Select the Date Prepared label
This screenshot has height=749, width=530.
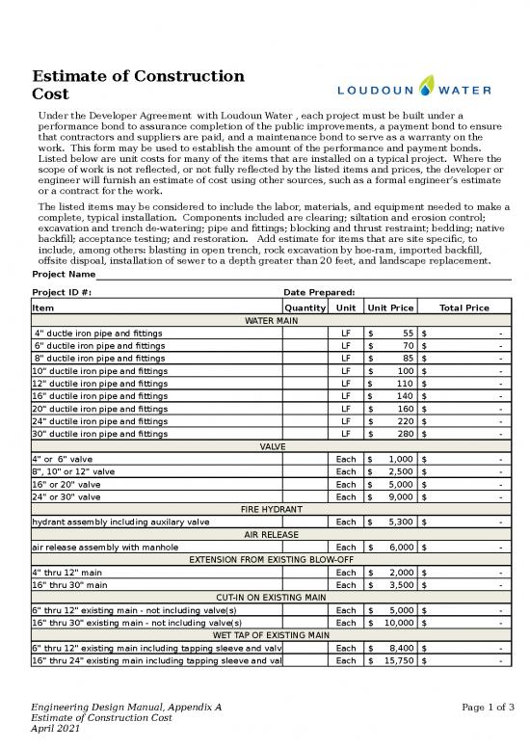click(319, 292)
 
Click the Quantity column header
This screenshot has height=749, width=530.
click(305, 308)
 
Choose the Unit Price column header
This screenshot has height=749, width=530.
click(390, 308)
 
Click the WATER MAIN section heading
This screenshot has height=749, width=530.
click(273, 320)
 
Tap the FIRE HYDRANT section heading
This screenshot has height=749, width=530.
click(273, 508)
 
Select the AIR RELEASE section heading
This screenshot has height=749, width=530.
click(273, 534)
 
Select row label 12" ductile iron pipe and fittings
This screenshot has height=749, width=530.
click(99, 383)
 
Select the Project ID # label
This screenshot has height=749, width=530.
click(63, 292)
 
